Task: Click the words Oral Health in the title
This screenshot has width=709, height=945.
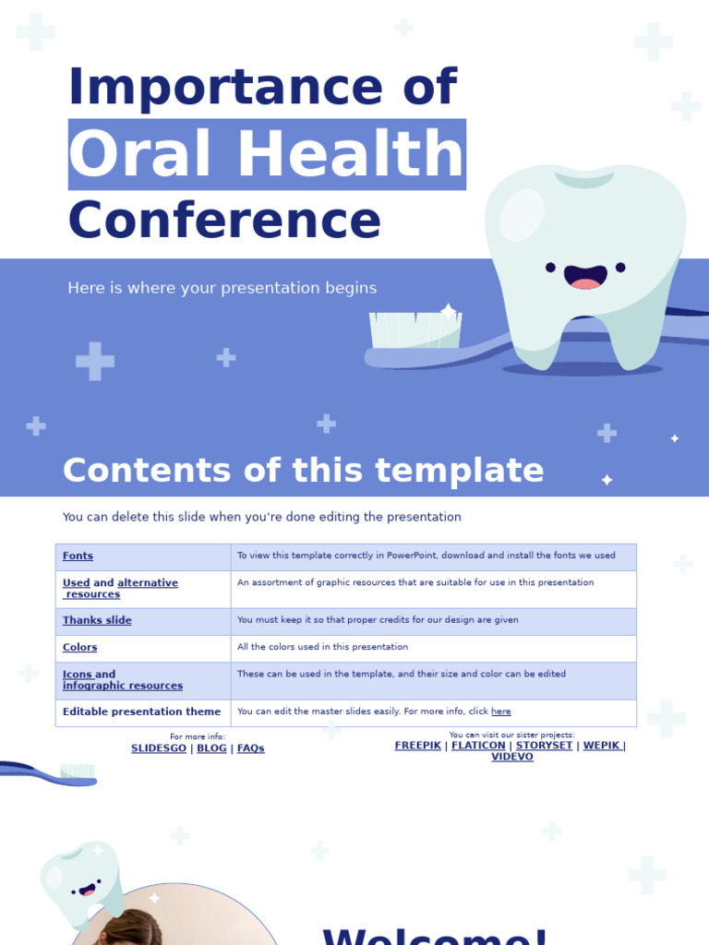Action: coord(266,155)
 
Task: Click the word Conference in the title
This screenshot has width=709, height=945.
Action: coord(224,221)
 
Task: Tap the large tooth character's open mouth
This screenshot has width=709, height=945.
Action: coord(585,276)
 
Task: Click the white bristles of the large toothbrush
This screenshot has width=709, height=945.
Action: coord(415,329)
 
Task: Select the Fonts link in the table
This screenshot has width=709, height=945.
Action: coord(78,556)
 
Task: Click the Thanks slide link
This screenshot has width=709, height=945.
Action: coord(97,621)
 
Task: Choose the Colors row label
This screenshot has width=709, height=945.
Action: coord(79,648)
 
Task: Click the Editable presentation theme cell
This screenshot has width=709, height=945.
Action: coord(141,712)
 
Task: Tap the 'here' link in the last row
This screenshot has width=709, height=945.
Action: coord(500,712)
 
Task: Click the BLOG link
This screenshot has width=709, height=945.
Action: coord(211,748)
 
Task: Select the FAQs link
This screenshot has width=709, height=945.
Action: coord(251,748)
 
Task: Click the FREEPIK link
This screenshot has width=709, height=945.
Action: coord(417,746)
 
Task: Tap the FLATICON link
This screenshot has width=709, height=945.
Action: coord(478,746)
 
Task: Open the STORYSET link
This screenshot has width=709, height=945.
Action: coord(543,746)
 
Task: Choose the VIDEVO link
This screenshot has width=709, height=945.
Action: coord(512,757)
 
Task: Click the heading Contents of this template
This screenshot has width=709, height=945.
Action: coord(303,471)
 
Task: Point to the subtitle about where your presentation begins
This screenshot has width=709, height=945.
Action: coord(222,288)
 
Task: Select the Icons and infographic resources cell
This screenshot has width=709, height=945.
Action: coord(122,680)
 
